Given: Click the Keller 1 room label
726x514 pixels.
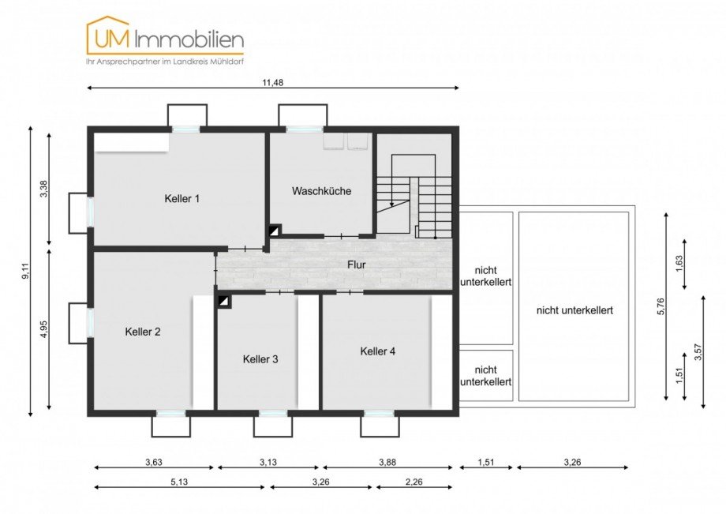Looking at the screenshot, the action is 182,199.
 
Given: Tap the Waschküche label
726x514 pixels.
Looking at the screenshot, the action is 321,191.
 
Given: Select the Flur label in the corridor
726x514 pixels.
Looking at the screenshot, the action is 357,265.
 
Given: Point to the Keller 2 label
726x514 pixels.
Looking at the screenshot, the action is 143,332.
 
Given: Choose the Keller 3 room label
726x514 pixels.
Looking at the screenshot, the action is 260,359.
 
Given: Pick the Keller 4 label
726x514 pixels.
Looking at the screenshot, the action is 378,351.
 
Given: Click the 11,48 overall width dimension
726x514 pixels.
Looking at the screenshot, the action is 273,83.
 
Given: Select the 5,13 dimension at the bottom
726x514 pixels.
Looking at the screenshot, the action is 179,482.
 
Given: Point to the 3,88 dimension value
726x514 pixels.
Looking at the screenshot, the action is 387,462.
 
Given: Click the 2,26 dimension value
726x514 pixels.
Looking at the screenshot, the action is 414,482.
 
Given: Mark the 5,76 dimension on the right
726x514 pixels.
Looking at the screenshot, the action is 661,306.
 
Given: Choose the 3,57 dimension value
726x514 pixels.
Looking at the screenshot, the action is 698,351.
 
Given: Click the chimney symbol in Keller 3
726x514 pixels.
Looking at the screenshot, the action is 224,302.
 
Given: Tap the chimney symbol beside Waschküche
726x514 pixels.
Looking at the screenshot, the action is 275,231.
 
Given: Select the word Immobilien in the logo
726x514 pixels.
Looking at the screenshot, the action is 189,39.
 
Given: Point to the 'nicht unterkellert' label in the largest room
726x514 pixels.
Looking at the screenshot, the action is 574,310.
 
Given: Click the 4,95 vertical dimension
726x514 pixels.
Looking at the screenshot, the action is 44,329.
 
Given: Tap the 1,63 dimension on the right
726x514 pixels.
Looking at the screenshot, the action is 679,264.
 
